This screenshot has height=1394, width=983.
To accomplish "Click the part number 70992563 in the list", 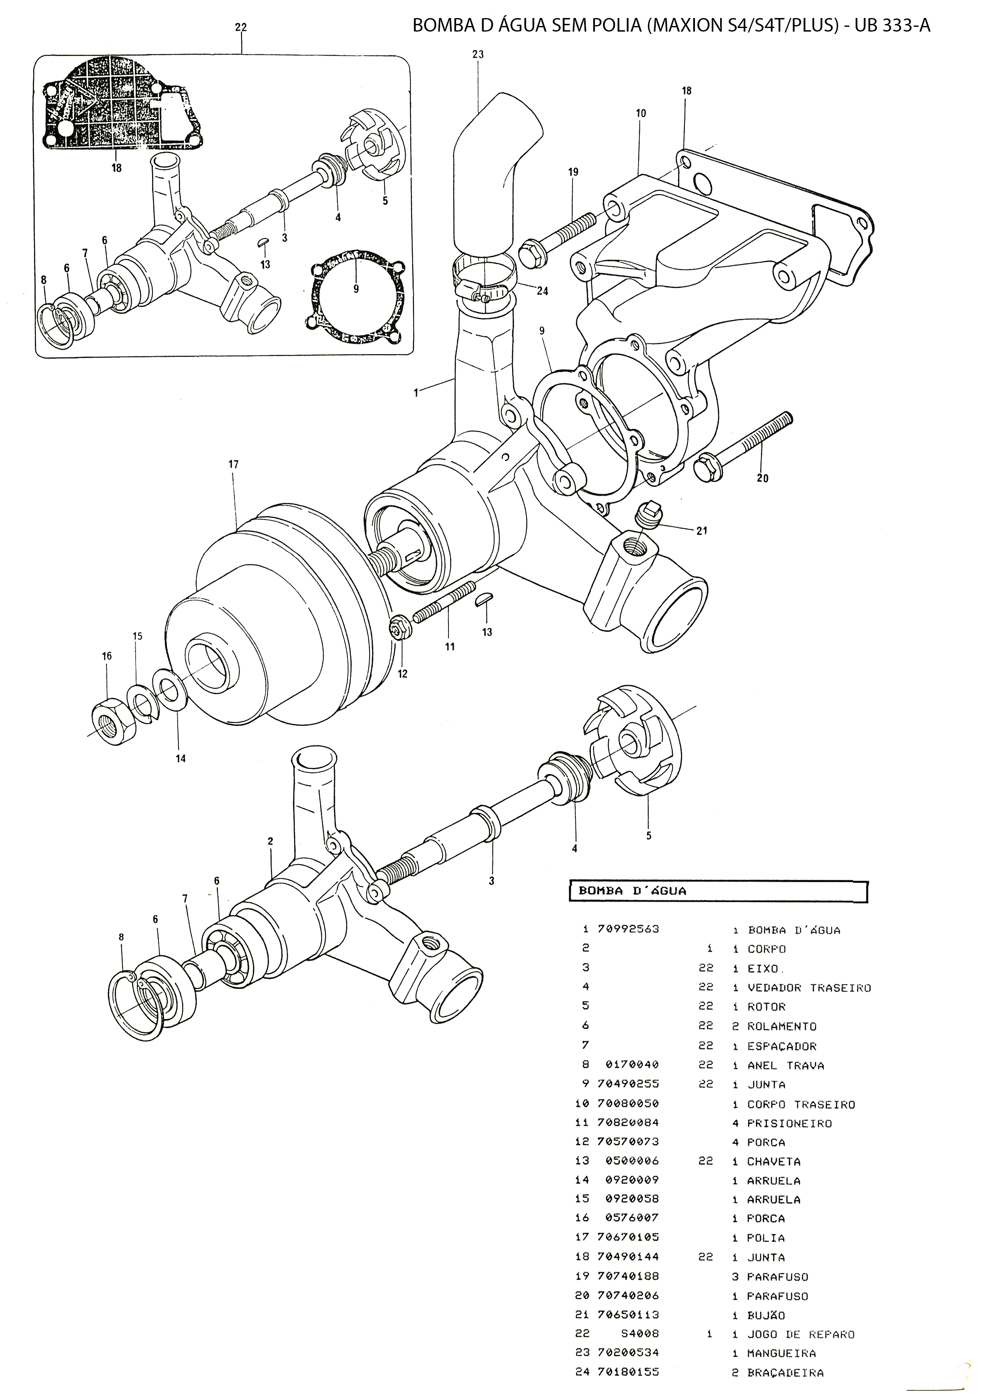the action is pos(629,929).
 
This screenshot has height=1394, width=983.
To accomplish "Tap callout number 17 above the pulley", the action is pos(234,465).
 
